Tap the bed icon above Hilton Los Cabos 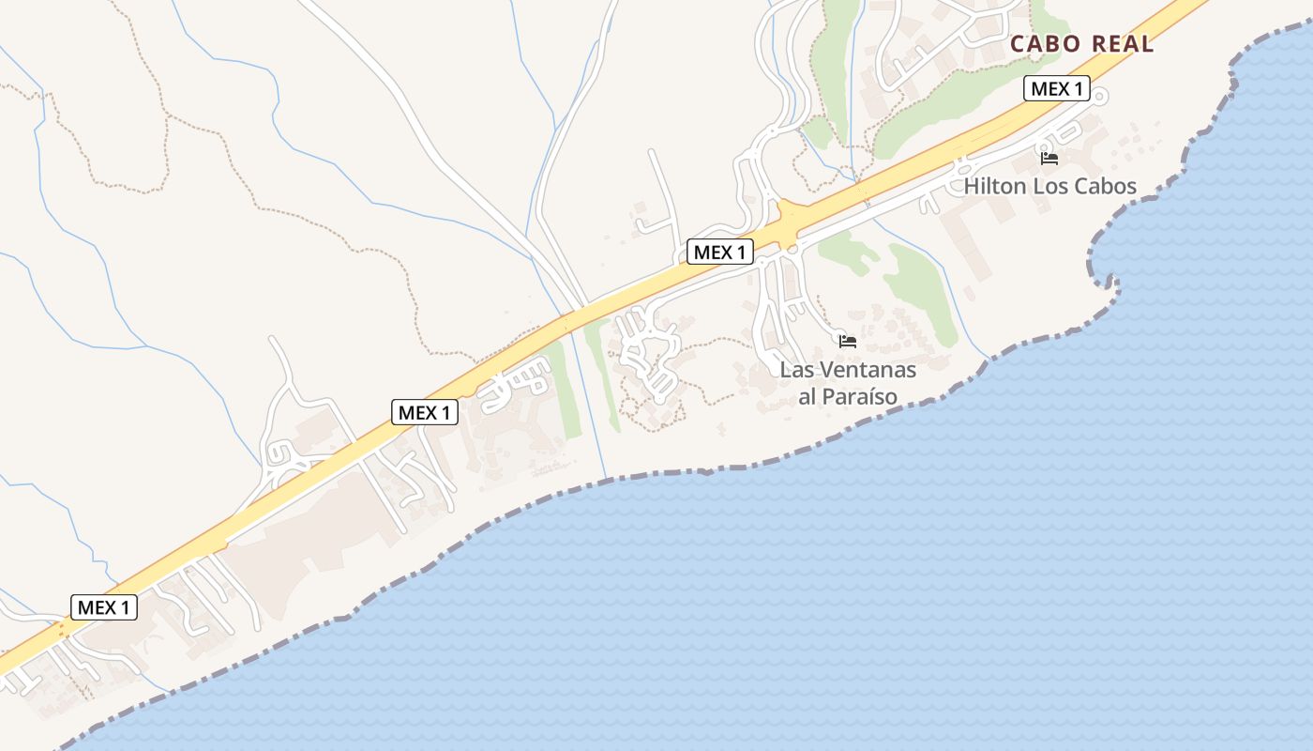click(1049, 158)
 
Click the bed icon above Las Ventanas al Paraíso click(848, 342)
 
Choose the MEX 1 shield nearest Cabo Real click(1056, 89)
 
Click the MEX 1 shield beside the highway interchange click(720, 252)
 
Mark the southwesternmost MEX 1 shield click(104, 607)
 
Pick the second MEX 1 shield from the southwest click(425, 412)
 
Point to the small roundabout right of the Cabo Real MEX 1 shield click(1100, 95)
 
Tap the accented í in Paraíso click(869, 397)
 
